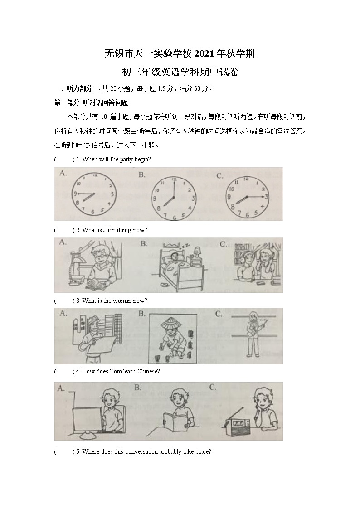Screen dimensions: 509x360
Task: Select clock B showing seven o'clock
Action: [x=174, y=198]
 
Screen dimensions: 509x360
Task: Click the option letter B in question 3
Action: [x=142, y=314]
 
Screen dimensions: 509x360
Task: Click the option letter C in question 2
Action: [x=223, y=244]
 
